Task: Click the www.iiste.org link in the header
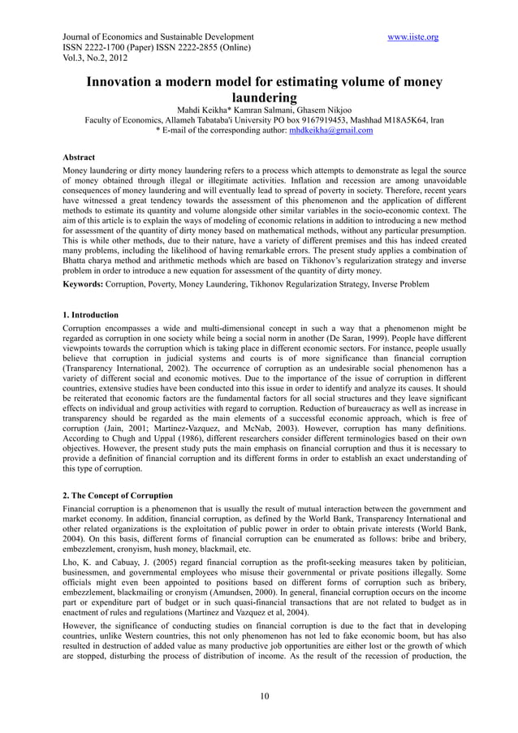click(x=414, y=37)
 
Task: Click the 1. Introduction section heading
click(x=90, y=314)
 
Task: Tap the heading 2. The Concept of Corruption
click(x=118, y=495)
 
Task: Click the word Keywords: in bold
click(x=84, y=285)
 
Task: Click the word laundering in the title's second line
click(x=265, y=99)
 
